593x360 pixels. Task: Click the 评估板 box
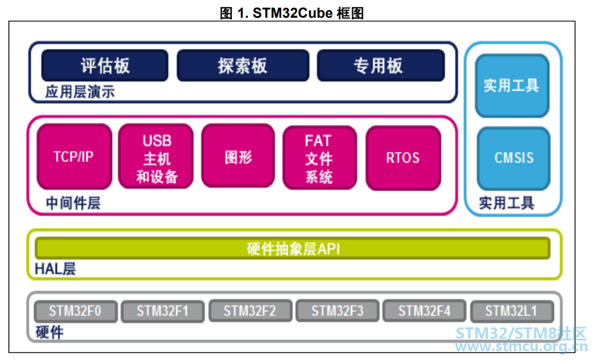coord(105,65)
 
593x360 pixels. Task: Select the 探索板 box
coord(243,65)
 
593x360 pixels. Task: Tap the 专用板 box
coord(381,65)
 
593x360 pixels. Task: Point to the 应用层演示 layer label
coord(80,92)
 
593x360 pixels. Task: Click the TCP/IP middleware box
coord(75,156)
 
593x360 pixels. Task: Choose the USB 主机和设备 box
coord(156,156)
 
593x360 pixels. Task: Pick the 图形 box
coord(238,156)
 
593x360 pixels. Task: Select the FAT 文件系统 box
coord(320,158)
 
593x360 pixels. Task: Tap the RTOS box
coord(403,158)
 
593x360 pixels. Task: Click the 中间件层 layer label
coord(73,203)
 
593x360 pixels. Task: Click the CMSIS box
coord(514,158)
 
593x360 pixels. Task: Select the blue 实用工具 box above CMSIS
coord(512,85)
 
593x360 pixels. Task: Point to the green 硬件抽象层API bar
coord(292,249)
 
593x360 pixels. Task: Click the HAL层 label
coord(55,269)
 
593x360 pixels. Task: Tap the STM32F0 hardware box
coord(76,311)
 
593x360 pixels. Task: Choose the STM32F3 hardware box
coord(337,311)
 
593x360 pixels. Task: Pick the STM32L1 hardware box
coord(512,311)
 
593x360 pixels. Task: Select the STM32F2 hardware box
coord(250,311)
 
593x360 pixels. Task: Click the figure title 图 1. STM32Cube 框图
coord(292,13)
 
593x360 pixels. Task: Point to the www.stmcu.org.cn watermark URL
coord(521,346)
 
